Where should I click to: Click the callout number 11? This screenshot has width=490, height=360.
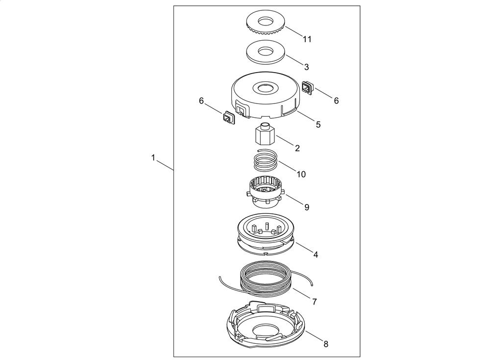pos(307,39)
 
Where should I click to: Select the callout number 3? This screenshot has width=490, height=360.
pos(307,67)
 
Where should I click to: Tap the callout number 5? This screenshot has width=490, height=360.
pos(318,125)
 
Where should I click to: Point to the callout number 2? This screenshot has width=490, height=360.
pos(297,148)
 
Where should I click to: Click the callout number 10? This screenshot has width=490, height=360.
pos(301,174)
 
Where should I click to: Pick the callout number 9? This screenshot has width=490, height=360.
pos(307,207)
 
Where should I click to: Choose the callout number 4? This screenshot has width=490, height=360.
pos(316,255)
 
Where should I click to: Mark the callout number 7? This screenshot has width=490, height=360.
pos(315,302)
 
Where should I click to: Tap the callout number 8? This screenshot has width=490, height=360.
pos(326,344)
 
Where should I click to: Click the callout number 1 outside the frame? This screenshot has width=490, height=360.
pos(153,157)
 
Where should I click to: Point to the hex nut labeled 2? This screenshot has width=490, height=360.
pos(265,134)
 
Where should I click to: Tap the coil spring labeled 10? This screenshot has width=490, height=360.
pos(265,160)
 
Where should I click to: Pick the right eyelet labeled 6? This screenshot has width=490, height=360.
pos(308,87)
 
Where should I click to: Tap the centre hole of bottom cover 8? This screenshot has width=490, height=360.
pos(265,332)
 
